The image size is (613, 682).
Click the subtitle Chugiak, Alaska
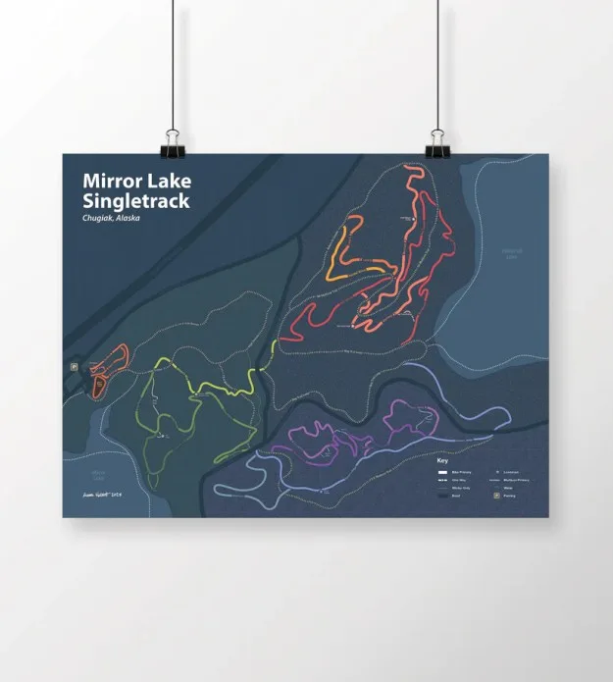tap(111, 218)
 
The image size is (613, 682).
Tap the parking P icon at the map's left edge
tap(74, 366)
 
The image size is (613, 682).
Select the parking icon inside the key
tap(496, 497)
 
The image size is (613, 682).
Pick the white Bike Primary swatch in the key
tap(441, 472)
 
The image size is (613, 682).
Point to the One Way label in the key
tap(461, 480)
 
